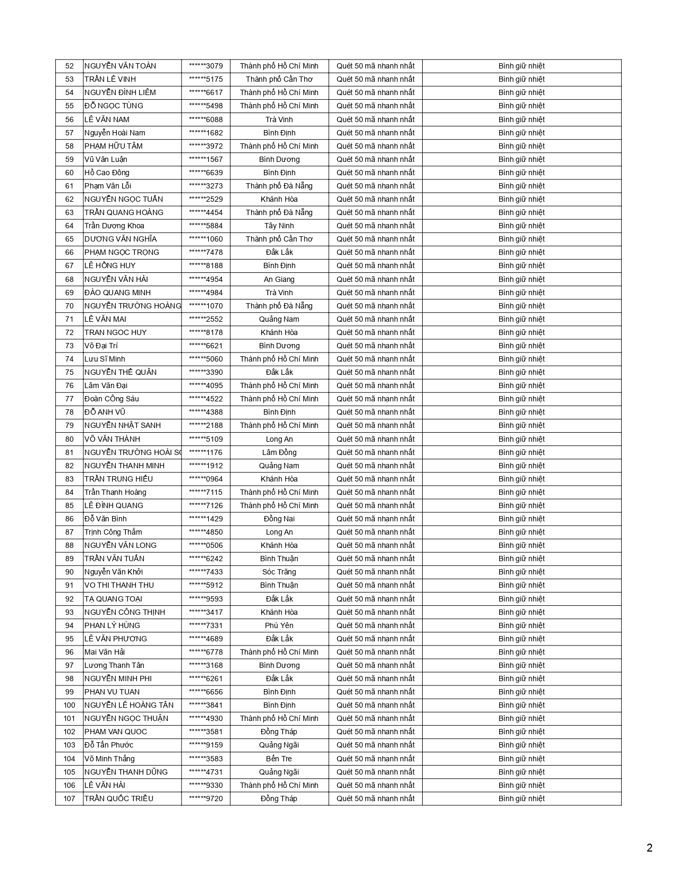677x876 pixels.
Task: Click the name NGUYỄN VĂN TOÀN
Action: point(121,66)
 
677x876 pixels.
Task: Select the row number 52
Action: point(70,66)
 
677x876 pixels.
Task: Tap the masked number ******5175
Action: point(206,80)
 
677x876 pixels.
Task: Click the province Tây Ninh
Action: point(279,226)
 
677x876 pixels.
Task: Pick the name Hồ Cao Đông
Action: point(107,173)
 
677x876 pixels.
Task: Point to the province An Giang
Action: point(279,279)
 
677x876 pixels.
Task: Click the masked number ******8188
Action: point(206,265)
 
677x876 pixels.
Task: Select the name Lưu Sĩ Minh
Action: point(105,359)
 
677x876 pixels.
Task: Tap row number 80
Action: point(70,439)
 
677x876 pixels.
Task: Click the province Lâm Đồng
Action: point(279,452)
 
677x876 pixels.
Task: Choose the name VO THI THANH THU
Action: point(119,585)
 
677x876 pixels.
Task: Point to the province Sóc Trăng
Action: point(279,572)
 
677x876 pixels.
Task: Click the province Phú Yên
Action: point(279,625)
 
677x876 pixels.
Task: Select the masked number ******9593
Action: point(206,599)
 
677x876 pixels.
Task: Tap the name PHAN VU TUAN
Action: point(112,692)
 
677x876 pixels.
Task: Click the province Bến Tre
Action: point(279,759)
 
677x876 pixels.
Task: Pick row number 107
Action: point(70,798)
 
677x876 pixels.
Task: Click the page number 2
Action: point(649,848)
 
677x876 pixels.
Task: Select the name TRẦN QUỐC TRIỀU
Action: point(119,798)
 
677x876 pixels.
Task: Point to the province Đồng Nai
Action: point(279,519)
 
